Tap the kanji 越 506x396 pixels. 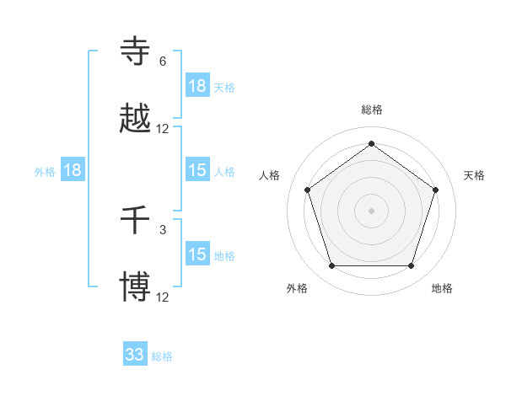(136, 119)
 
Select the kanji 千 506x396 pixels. (136, 221)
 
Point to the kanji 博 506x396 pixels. (136, 287)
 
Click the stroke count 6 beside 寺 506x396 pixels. (163, 62)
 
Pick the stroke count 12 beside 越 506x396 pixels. (163, 129)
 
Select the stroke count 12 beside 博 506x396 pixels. (163, 297)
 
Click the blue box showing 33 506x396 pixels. (135, 355)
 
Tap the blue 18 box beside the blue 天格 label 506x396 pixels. (197, 85)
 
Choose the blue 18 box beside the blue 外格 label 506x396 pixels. (73, 170)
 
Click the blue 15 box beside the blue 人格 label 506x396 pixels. (197, 170)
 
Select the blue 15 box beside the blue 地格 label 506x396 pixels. (197, 254)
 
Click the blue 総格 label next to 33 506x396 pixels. (162, 356)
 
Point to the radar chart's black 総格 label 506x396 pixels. (372, 110)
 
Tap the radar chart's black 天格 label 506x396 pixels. (474, 175)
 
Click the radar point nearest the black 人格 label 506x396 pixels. (307, 190)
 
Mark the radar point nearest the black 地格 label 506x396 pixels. (412, 266)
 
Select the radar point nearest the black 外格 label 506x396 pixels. (331, 266)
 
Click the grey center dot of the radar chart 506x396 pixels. (372, 210)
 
